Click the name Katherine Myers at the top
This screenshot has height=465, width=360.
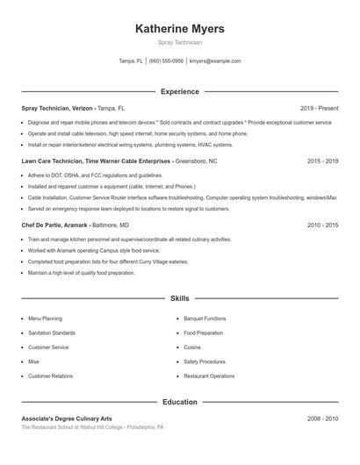(x=180, y=28)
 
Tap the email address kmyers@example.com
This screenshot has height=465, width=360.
(x=215, y=61)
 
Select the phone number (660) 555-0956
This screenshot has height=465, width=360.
(x=166, y=61)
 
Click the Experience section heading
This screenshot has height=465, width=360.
(x=180, y=91)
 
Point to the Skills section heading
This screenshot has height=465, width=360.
(x=180, y=298)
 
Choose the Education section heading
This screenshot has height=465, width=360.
(x=180, y=402)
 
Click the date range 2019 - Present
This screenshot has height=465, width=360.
(x=319, y=108)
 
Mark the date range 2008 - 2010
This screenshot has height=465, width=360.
(x=322, y=419)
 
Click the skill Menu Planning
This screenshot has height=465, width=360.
(x=46, y=318)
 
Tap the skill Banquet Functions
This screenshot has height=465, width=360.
(x=205, y=318)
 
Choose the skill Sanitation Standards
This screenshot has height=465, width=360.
(x=52, y=333)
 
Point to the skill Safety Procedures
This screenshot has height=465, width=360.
(x=205, y=361)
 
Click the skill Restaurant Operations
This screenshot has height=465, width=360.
(x=209, y=376)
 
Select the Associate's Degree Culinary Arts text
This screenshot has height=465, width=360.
(x=68, y=419)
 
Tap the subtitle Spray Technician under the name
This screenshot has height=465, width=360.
(x=180, y=42)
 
